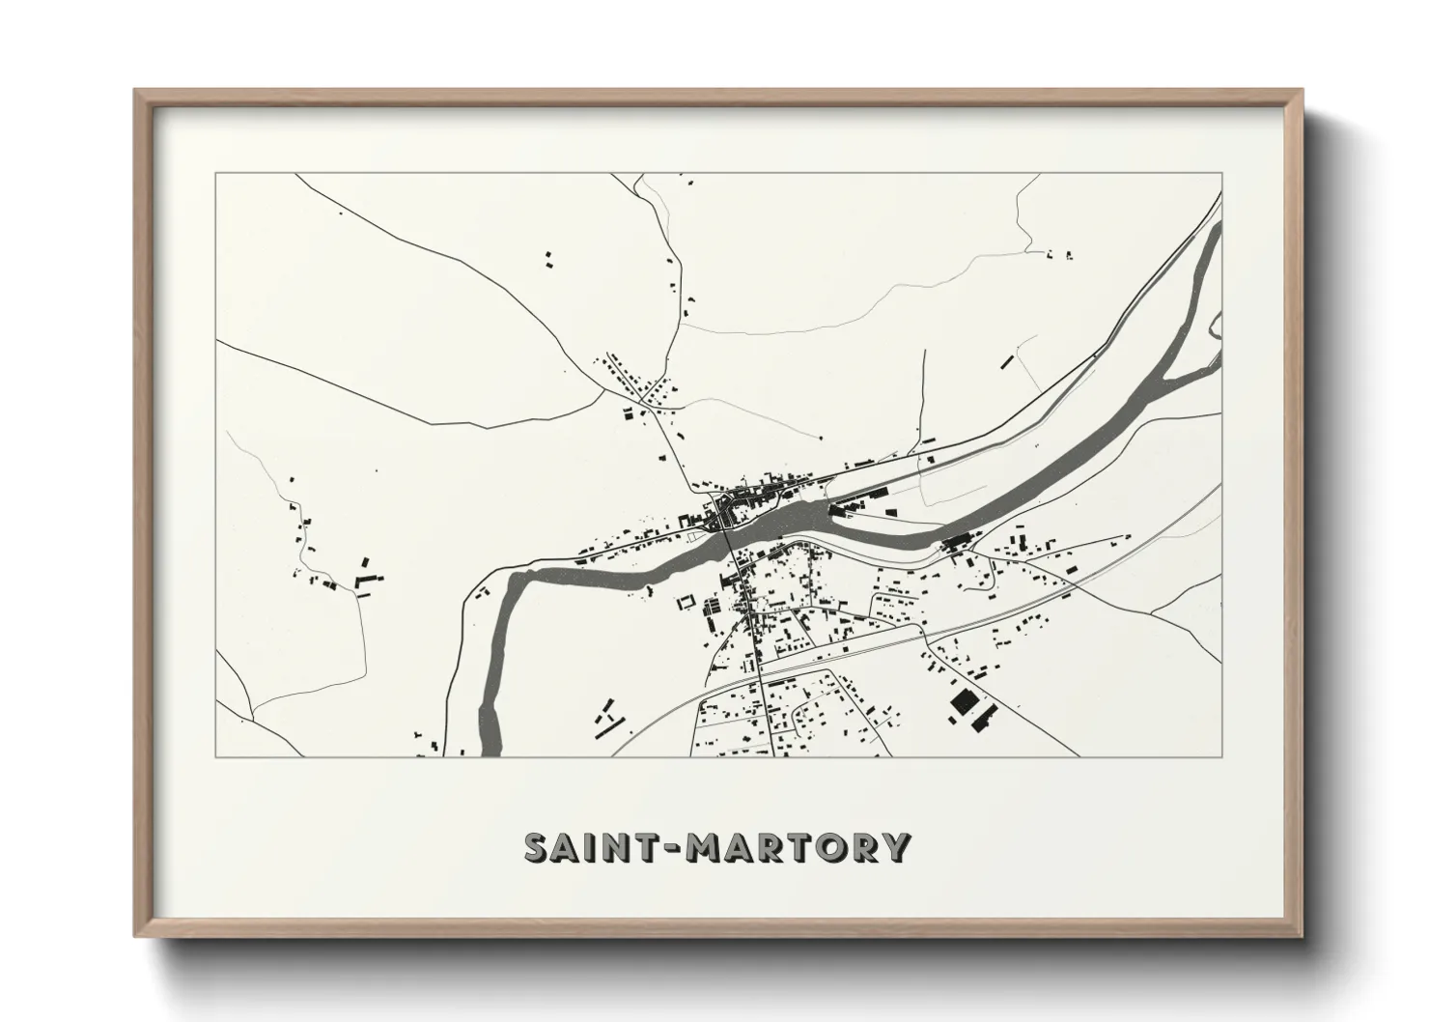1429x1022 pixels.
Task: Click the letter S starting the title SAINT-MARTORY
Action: point(536,848)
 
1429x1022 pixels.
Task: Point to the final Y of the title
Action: point(896,848)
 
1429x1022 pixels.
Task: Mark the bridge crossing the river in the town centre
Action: point(726,542)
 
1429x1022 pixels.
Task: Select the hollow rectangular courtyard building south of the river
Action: point(685,601)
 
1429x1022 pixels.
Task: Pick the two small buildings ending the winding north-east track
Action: point(1060,255)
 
